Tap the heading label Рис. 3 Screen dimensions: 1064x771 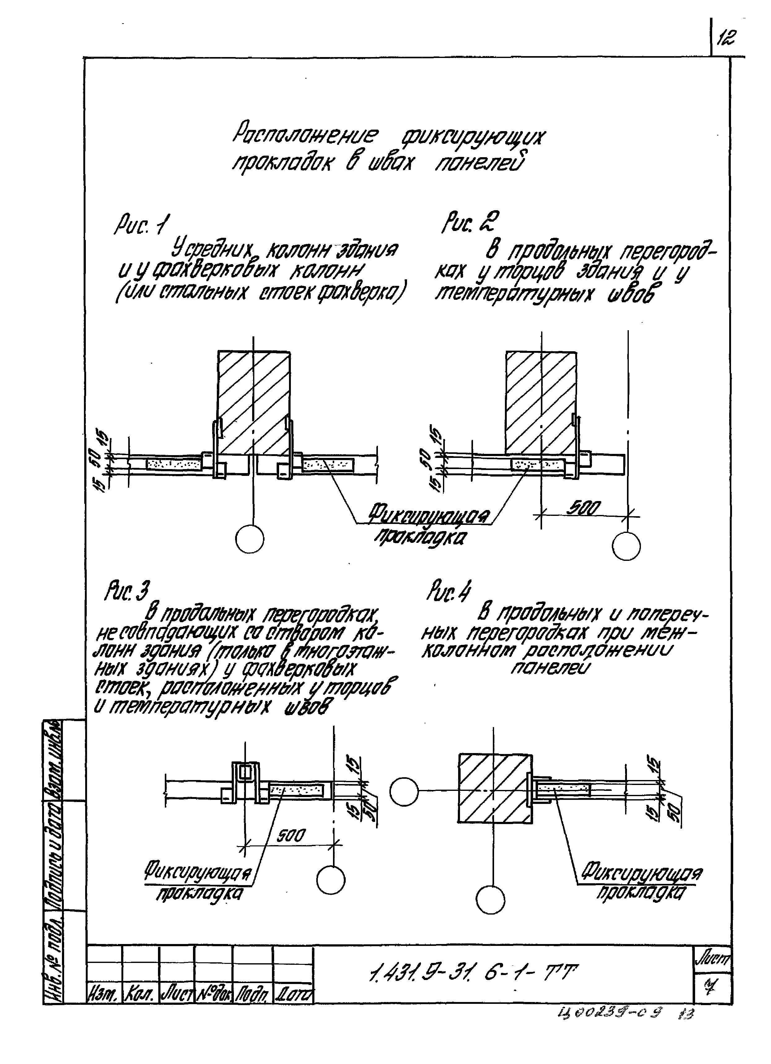pos(127,593)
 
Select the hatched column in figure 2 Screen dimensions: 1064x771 pos(541,401)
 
